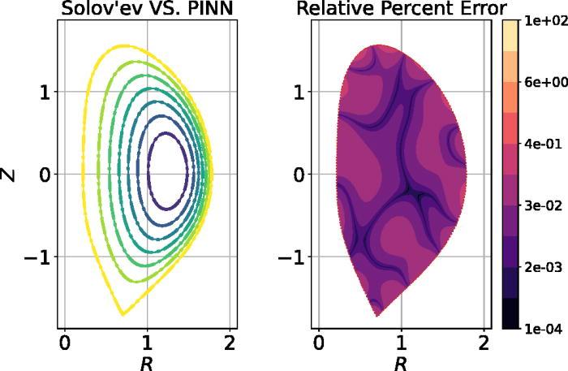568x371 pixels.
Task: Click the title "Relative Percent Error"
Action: [401, 9]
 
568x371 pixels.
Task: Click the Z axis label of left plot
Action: [10, 174]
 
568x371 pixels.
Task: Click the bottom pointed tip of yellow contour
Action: [123, 314]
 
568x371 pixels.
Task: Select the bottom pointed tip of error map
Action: [377, 315]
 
